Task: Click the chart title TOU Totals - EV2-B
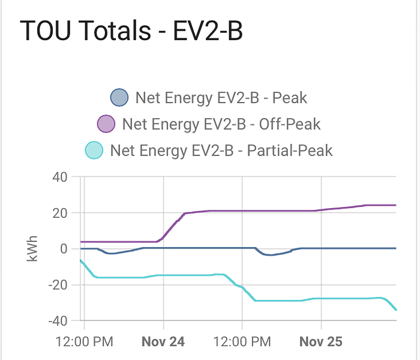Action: click(x=131, y=31)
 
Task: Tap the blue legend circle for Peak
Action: click(x=119, y=97)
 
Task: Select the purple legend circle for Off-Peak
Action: click(x=106, y=124)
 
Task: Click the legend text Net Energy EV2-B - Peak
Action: click(x=221, y=97)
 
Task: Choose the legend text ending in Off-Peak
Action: click(x=221, y=124)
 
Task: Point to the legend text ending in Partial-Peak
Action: click(x=221, y=150)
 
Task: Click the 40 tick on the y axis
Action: click(x=59, y=177)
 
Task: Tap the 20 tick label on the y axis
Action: click(x=59, y=213)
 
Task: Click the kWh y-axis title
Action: click(x=31, y=249)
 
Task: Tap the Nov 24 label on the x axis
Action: click(x=163, y=342)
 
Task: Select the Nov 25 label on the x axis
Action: click(x=320, y=342)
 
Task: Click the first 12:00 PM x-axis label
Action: click(x=83, y=342)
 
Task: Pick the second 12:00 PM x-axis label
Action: click(x=241, y=342)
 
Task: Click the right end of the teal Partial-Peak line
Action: click(x=396, y=310)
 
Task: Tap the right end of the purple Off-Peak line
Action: click(x=396, y=205)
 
